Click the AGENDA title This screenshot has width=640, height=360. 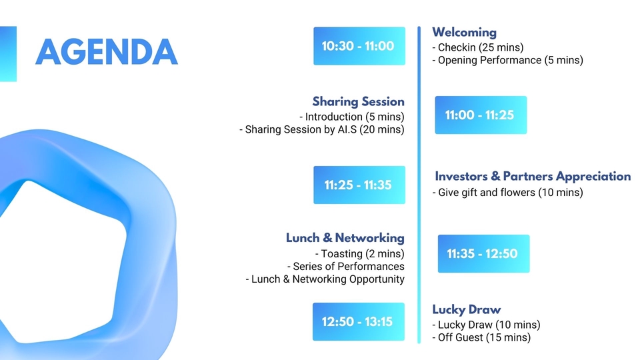(x=107, y=52)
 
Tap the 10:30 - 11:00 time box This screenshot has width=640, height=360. (x=359, y=46)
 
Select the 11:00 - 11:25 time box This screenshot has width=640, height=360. (x=481, y=115)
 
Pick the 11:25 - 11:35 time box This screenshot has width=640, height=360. (x=359, y=185)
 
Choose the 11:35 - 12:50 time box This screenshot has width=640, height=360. (x=484, y=253)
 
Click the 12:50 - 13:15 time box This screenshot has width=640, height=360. (x=359, y=321)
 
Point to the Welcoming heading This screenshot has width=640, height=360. (x=465, y=32)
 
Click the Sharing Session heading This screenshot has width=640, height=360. (x=359, y=101)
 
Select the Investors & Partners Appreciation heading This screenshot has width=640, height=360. (x=533, y=176)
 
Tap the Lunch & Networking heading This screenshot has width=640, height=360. (x=345, y=238)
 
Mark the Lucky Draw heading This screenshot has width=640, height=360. (x=467, y=309)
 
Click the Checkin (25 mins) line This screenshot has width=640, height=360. (x=478, y=47)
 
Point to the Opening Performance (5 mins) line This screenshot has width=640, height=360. (x=508, y=60)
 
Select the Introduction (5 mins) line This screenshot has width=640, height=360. (x=352, y=117)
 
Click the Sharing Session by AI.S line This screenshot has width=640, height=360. (x=322, y=129)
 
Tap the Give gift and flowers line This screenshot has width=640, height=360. (x=508, y=192)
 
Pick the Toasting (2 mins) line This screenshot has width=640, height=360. (x=359, y=253)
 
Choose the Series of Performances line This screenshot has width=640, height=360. (x=346, y=267)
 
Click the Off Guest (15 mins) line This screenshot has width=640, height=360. (x=481, y=337)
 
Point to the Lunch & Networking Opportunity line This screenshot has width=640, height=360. (x=325, y=279)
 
